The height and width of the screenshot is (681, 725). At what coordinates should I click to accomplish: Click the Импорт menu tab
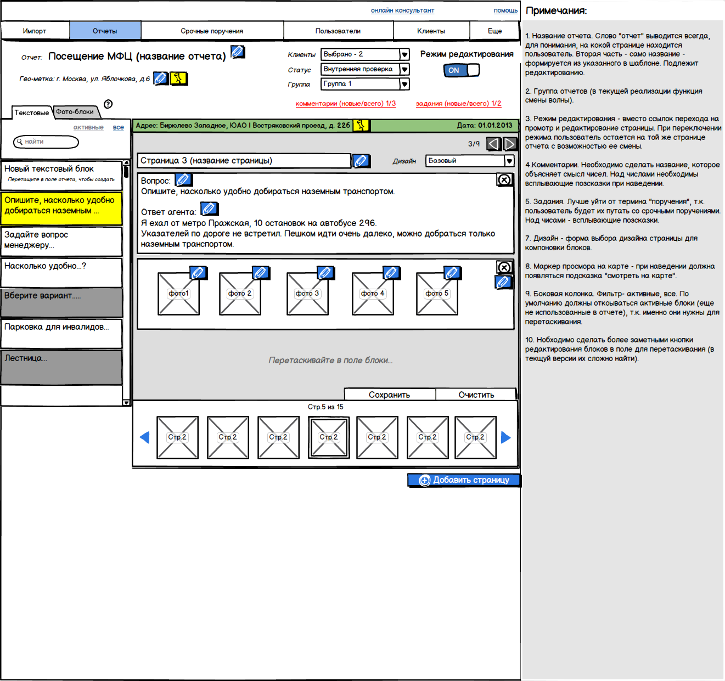click(35, 31)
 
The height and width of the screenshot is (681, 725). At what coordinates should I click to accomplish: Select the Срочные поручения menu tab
click(212, 31)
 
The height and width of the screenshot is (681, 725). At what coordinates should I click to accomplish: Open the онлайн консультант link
click(402, 10)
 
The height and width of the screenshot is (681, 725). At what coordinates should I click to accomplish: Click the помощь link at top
click(505, 10)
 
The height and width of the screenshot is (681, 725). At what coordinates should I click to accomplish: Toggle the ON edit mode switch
click(461, 70)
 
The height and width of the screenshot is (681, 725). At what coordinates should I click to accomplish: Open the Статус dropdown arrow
click(404, 69)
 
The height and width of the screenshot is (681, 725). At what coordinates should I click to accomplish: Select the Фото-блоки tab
click(75, 112)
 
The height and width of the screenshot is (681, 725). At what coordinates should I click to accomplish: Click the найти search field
click(47, 142)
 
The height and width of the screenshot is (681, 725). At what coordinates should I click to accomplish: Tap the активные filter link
click(88, 127)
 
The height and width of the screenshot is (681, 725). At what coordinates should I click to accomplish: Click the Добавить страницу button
click(464, 480)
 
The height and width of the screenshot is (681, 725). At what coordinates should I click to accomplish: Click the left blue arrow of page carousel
click(145, 437)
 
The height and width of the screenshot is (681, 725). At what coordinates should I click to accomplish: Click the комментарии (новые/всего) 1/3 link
click(345, 104)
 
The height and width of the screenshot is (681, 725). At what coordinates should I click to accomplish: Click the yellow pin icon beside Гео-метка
click(178, 78)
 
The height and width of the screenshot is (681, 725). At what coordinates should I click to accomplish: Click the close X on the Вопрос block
click(504, 180)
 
